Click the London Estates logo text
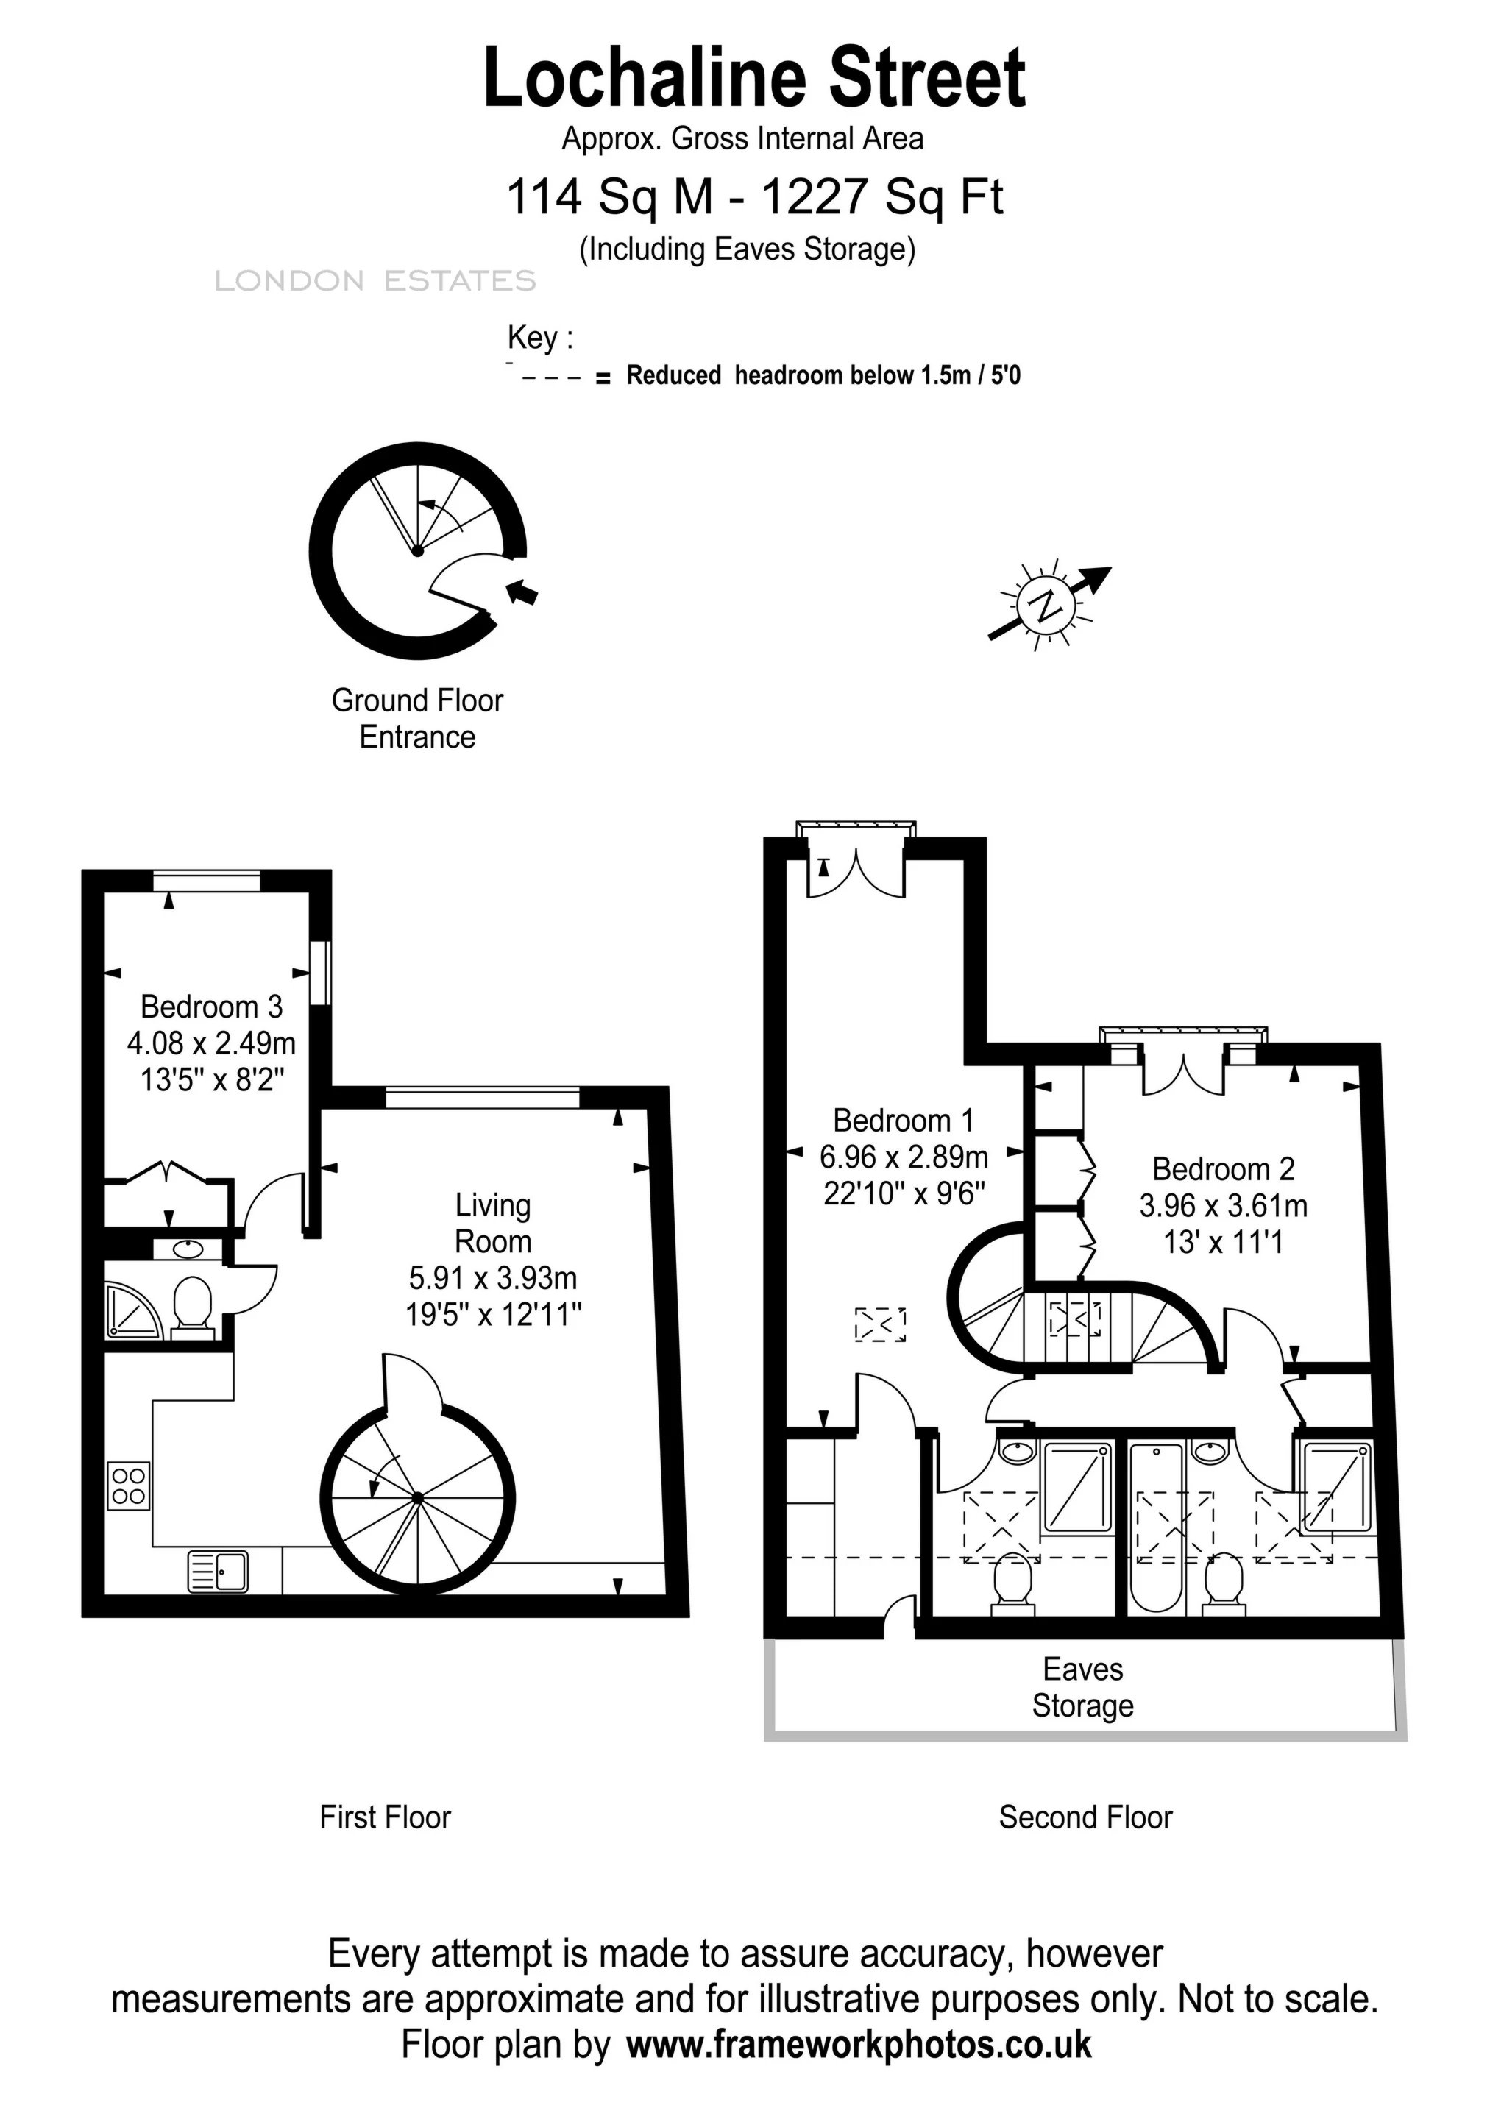coord(375,281)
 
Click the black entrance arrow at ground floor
coord(523,592)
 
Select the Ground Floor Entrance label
coord(418,718)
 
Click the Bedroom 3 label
coord(211,1007)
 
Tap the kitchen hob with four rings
coord(129,1486)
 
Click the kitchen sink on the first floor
coord(219,1571)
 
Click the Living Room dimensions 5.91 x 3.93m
coord(493,1277)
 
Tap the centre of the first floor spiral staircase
coord(418,1498)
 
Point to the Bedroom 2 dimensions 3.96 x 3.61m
coord(1223,1205)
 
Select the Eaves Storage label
coord(1082,1687)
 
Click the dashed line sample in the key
coord(552,377)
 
